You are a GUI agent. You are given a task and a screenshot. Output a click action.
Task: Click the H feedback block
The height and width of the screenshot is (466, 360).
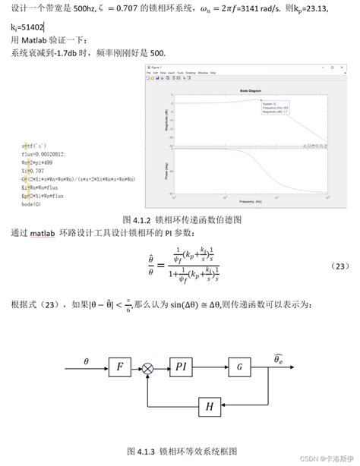pyautogui.click(x=210, y=408)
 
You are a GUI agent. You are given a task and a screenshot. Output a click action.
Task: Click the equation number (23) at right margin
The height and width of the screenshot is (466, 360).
pyautogui.click(x=341, y=266)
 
